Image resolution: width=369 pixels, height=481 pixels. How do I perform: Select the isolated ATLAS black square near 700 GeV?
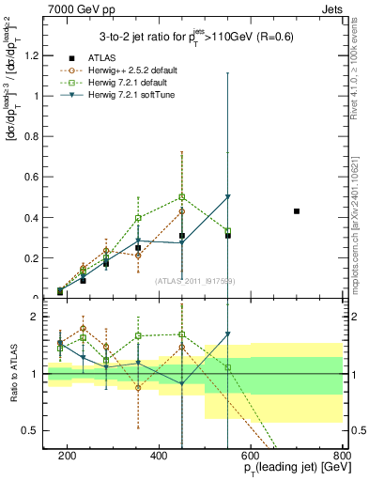[x=297, y=211]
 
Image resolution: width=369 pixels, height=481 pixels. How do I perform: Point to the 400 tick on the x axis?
[x=159, y=456]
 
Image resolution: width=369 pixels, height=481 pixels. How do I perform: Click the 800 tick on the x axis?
[x=342, y=456]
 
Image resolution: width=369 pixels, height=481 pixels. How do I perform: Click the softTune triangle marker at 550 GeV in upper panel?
[x=228, y=196]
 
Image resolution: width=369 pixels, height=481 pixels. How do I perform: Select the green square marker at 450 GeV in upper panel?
[x=182, y=196]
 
